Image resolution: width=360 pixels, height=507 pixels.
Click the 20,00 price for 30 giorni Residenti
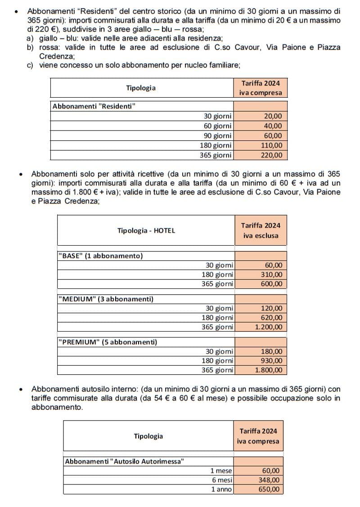pyautogui.click(x=273, y=116)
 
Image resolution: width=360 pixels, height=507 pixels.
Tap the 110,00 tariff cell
pyautogui.click(x=271, y=145)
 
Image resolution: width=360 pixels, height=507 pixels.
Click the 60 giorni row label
pyautogui.click(x=218, y=126)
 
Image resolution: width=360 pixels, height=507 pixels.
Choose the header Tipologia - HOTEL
pyautogui.click(x=146, y=230)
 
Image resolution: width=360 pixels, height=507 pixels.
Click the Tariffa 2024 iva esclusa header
pyautogui.click(x=260, y=230)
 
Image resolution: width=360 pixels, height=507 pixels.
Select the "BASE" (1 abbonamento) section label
pyautogui.click(x=101, y=256)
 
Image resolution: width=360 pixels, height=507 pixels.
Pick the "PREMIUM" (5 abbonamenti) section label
pyautogui.click(x=108, y=342)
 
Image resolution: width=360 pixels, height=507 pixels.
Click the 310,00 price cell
pyautogui.click(x=271, y=274)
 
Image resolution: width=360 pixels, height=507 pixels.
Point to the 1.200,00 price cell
pyautogui.click(x=268, y=327)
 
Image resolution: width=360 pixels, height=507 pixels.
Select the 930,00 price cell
pyautogui.click(x=271, y=361)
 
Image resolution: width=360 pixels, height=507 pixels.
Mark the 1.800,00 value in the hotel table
pyautogui.click(x=268, y=370)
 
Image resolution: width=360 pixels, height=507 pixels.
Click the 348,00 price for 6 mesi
pyautogui.click(x=270, y=480)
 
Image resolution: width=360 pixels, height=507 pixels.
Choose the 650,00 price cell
pyautogui.click(x=270, y=489)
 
